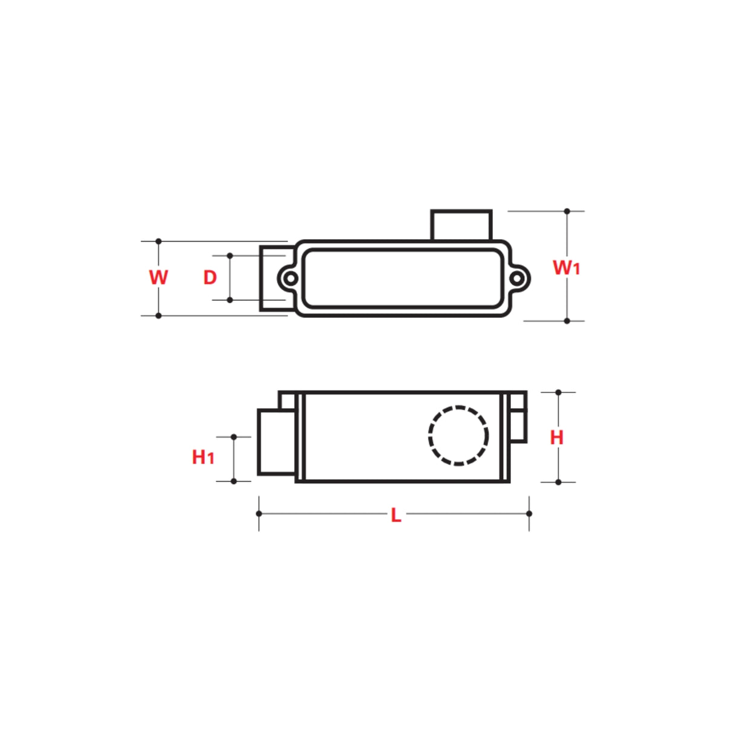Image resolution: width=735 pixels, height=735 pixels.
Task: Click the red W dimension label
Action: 159,277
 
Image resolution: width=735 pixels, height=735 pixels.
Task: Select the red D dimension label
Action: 209,277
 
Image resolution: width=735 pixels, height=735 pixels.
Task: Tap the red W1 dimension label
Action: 566,267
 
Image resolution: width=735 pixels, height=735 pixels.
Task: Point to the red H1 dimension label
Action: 203,457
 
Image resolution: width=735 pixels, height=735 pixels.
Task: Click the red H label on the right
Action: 556,437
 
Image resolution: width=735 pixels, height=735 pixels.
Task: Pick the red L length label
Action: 395,515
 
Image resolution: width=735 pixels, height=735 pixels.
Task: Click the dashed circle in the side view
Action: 458,435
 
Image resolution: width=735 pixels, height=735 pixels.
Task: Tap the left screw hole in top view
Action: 291,279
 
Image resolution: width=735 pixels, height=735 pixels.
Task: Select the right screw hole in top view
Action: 518,279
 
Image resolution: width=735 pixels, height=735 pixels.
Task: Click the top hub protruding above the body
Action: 461,225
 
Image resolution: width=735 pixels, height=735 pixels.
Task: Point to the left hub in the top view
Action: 274,279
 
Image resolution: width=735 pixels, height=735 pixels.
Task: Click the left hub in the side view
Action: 276,442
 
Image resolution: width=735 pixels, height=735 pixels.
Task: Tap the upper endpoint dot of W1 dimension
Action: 567,211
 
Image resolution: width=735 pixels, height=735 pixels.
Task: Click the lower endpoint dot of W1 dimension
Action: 567,321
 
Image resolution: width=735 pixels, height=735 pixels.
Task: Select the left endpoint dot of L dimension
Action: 259,513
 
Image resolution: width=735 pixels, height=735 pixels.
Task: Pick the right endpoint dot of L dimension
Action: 529,513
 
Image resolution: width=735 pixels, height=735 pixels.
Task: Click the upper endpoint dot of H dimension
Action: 558,392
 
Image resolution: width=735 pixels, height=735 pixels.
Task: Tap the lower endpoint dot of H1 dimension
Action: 234,481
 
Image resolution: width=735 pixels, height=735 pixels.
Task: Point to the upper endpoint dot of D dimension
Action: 229,255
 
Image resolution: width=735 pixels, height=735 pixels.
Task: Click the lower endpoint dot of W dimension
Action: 159,315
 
